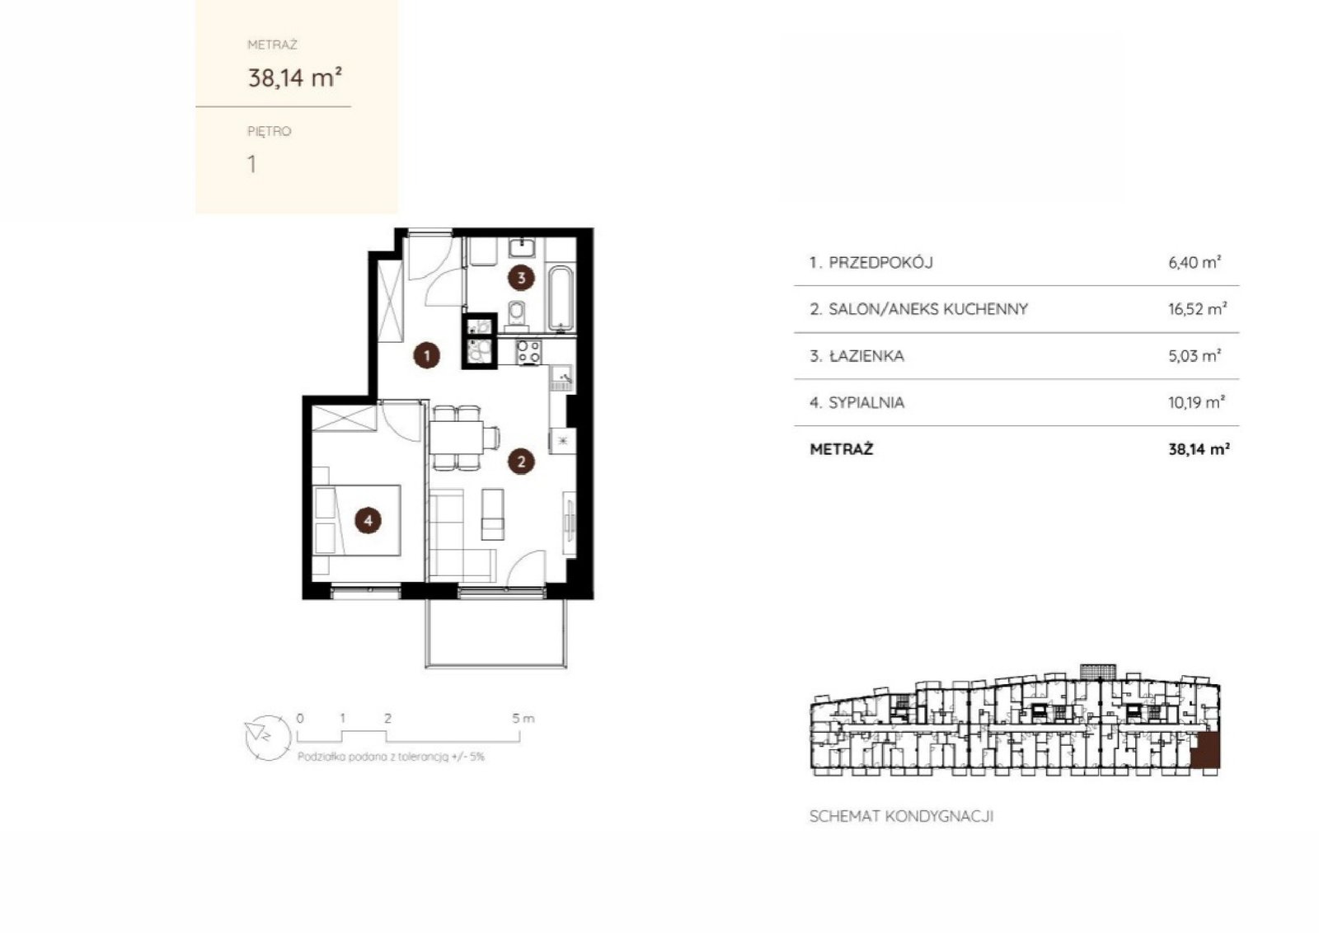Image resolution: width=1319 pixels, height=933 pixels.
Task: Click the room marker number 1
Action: [x=427, y=355]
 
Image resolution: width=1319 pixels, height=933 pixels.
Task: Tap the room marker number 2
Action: [x=521, y=462]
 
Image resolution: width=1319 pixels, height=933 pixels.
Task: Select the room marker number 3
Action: [x=521, y=277]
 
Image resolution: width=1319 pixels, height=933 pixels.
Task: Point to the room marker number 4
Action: [x=368, y=520]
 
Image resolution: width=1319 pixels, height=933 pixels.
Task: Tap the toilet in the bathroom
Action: [x=517, y=312]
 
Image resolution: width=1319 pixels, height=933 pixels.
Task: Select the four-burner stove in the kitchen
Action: [x=528, y=352]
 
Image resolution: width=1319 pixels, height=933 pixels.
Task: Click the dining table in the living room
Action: [x=457, y=437]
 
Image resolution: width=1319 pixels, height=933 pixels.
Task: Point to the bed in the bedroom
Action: [x=357, y=520]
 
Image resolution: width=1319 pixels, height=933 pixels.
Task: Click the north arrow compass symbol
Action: [x=268, y=737]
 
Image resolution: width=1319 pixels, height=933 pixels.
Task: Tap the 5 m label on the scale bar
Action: [x=523, y=718]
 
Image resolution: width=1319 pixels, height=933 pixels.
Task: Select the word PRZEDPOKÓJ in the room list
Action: [x=881, y=263]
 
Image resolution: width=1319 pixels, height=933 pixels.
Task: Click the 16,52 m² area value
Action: [x=1197, y=308]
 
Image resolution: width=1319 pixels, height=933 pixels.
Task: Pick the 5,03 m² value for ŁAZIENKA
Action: [x=1195, y=355]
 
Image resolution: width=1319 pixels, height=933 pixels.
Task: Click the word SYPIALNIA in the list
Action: [x=866, y=403]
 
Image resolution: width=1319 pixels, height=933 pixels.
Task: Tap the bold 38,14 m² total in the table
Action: [x=1199, y=449]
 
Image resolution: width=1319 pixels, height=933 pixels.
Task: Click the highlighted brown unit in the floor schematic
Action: [x=1205, y=751]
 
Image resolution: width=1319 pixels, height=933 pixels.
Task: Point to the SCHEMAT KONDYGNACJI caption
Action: [x=902, y=817]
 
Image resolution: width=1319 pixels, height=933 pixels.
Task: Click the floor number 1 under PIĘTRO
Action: [x=252, y=164]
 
